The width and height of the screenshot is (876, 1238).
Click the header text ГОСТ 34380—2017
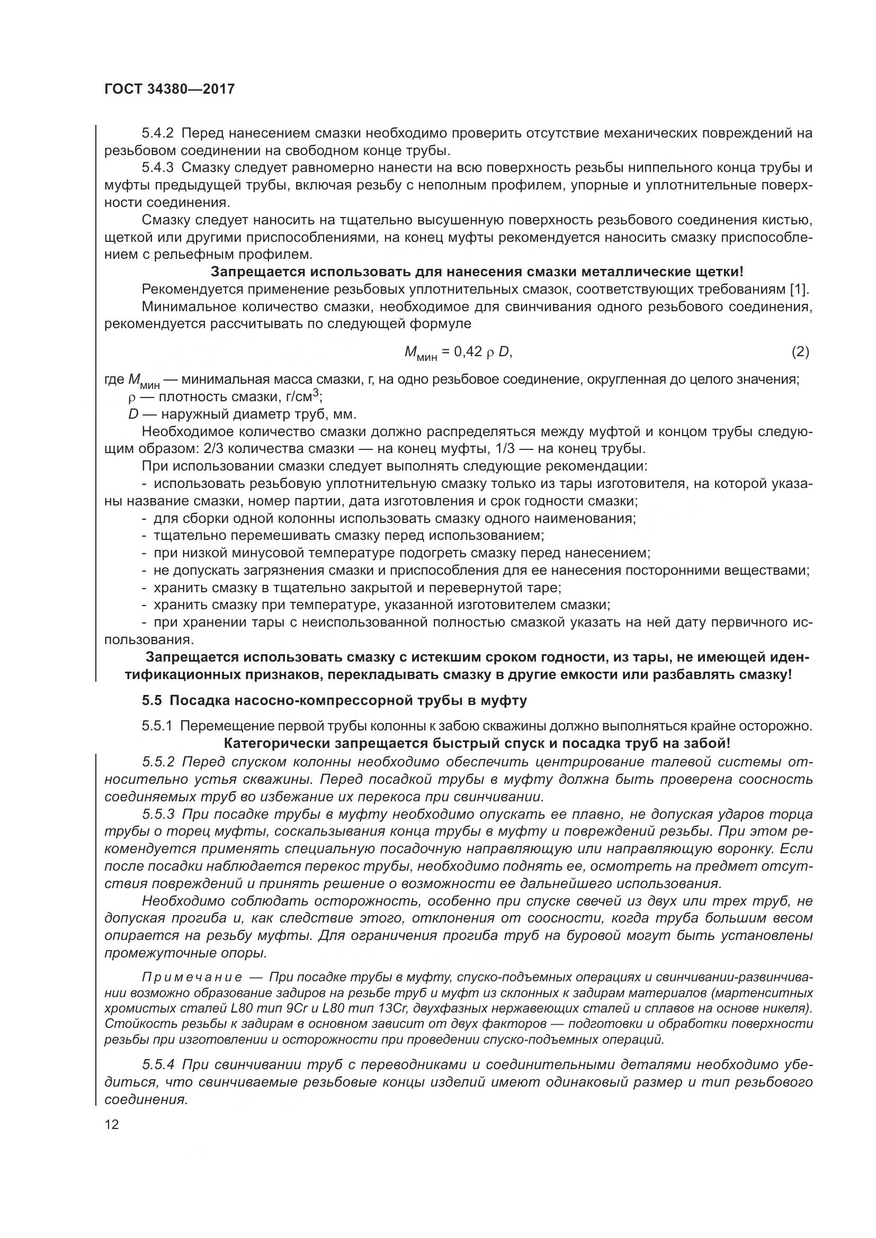click(169, 89)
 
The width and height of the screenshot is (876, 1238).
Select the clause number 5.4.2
click(157, 133)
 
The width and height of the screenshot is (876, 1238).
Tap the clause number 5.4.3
click(157, 168)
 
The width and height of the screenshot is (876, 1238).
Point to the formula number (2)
click(800, 352)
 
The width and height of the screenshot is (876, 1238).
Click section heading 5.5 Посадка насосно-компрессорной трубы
click(334, 701)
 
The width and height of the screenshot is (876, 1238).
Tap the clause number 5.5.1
click(157, 726)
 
